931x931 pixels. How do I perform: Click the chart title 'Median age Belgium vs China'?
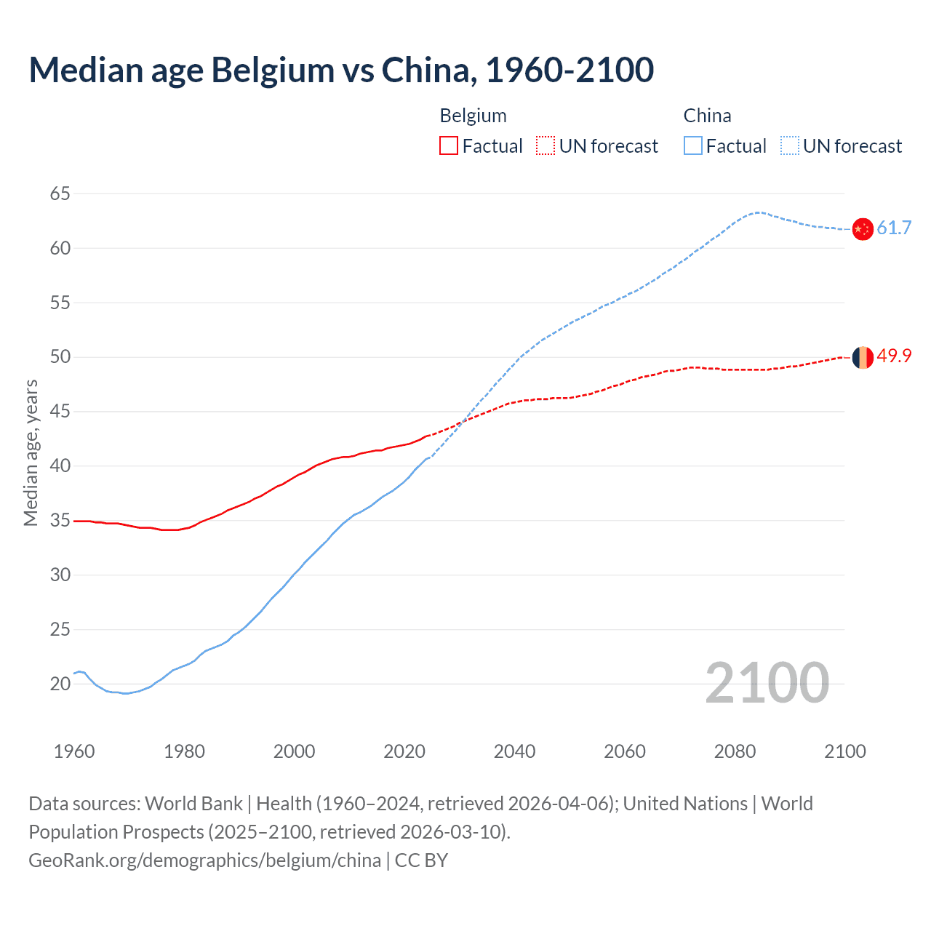coord(341,70)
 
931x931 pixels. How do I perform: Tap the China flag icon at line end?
coord(862,228)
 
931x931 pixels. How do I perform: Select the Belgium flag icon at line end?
coord(862,357)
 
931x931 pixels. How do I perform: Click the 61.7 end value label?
coord(894,228)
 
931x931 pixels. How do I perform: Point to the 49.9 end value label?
coord(894,356)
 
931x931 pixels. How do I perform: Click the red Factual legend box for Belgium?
coord(449,146)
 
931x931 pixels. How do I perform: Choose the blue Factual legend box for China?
coord(692,146)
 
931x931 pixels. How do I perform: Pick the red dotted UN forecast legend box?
coord(546,146)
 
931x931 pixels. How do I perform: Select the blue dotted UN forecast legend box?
coord(789,146)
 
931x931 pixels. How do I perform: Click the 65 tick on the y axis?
coord(60,193)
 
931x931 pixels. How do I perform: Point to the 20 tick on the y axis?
coord(60,684)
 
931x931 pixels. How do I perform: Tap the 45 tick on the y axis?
coord(60,412)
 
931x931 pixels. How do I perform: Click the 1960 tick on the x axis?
coord(74,751)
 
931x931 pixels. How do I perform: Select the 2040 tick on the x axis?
coord(514,751)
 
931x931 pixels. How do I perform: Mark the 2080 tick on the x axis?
coord(735,751)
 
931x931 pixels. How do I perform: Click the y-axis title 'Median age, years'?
coord(31,452)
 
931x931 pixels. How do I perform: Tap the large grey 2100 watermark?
coord(767,682)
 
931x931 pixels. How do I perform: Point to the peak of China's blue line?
coord(758,212)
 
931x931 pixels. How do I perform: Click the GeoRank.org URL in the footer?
coord(204,860)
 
